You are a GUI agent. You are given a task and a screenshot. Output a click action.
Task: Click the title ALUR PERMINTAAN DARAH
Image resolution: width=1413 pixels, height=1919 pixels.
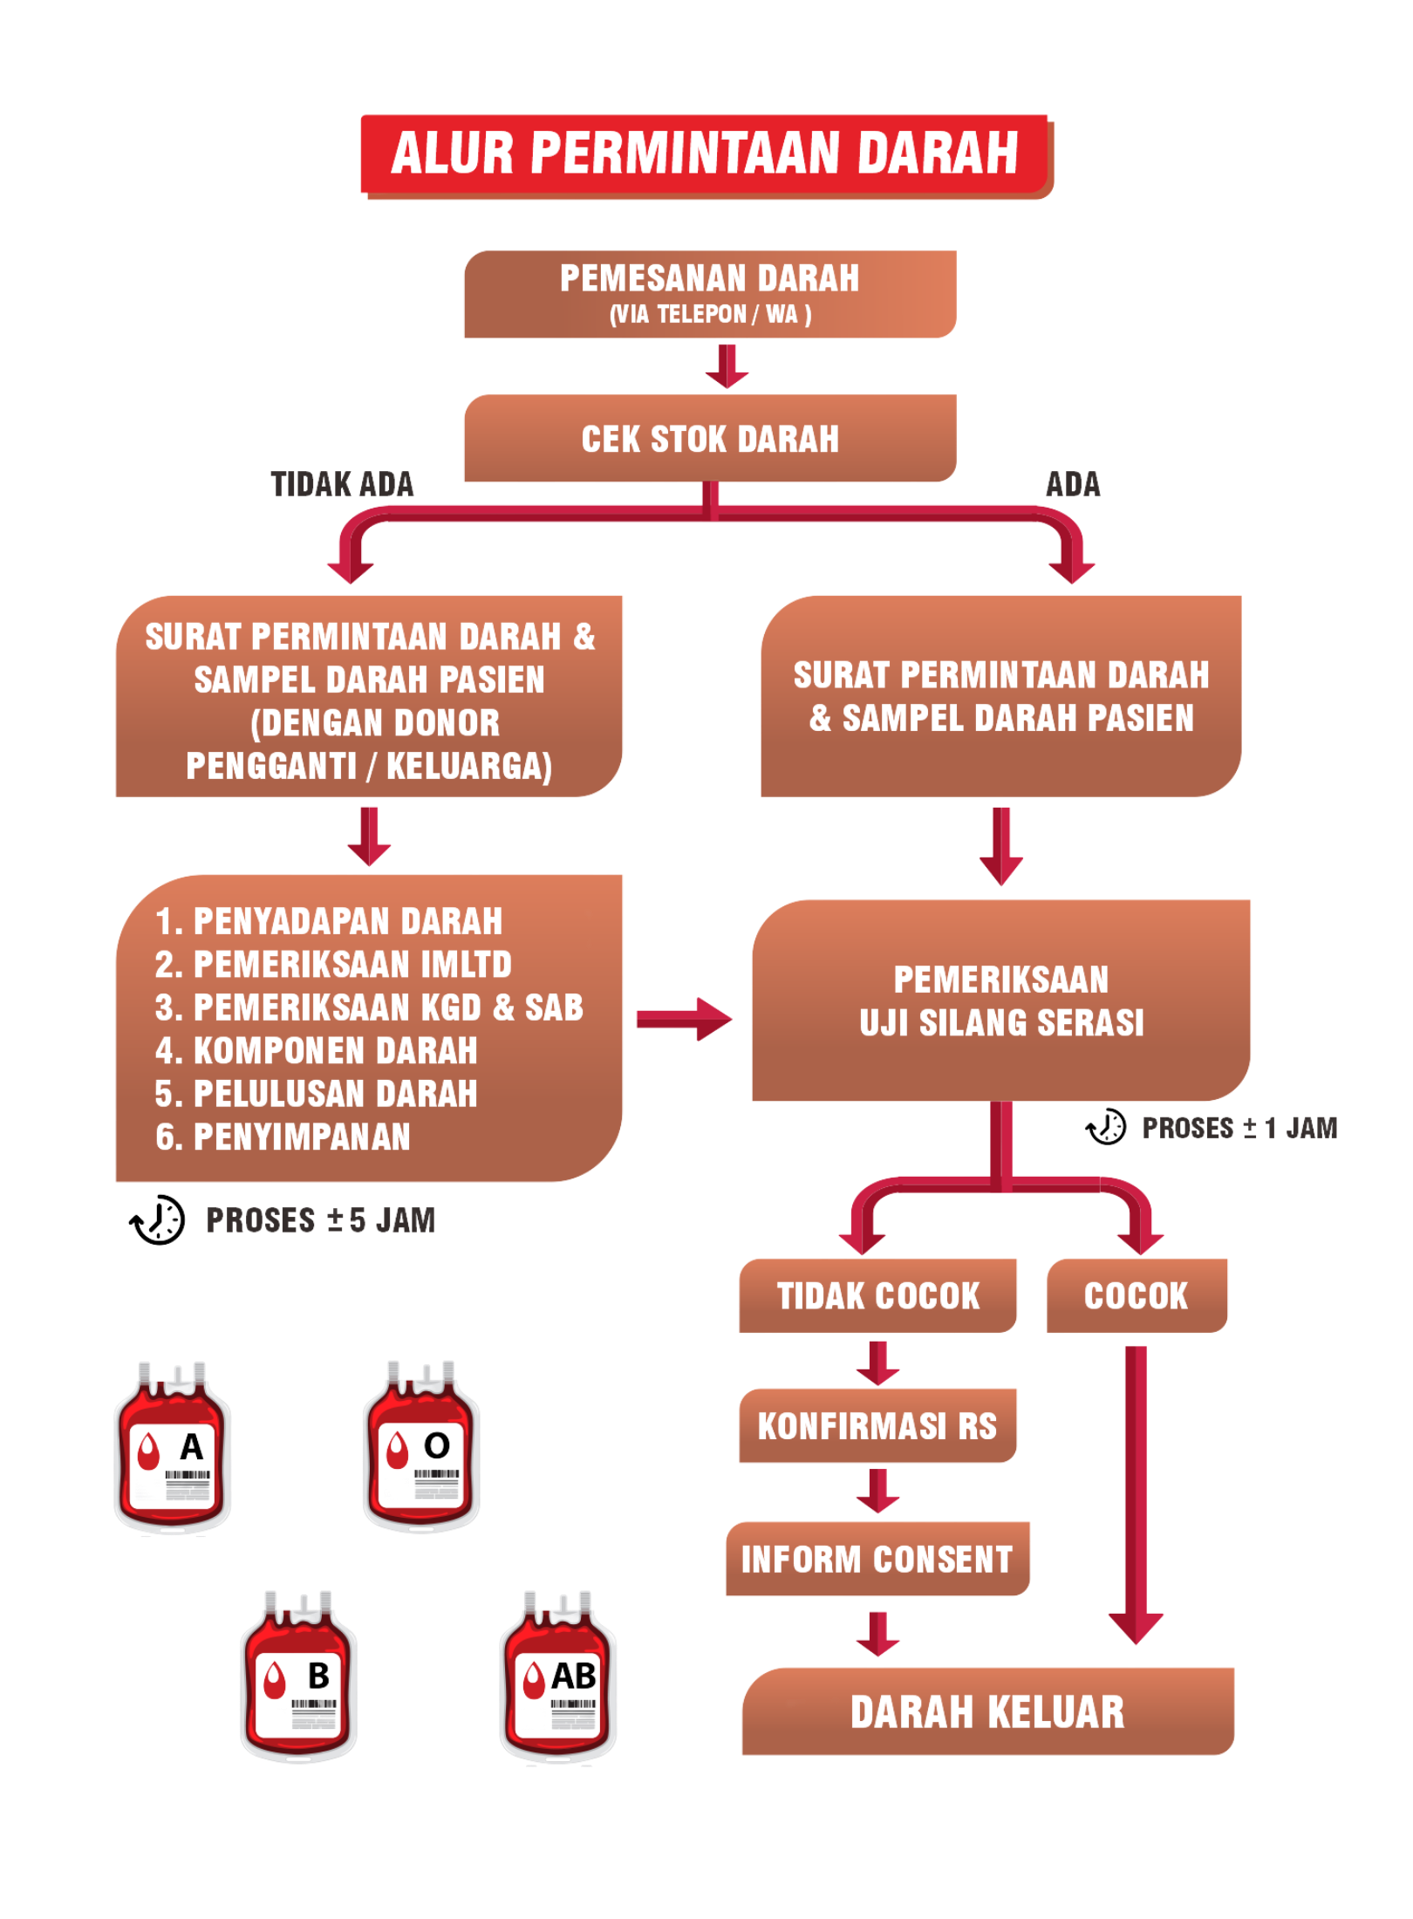(706, 154)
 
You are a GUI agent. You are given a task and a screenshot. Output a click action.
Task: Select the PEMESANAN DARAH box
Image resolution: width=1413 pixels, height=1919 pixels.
(709, 294)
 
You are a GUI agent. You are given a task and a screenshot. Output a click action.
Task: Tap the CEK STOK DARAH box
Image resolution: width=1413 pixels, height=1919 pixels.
(709, 438)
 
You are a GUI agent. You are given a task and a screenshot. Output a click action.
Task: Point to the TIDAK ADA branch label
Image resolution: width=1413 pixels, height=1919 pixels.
(343, 485)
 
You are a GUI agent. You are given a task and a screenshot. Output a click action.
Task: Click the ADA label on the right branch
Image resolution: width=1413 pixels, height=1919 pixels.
(1073, 485)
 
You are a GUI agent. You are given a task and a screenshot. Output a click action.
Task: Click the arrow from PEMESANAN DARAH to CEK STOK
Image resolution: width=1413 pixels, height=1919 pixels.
(727, 365)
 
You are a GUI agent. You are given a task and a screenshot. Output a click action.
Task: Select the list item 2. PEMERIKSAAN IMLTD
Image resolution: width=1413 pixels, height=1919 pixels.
(333, 965)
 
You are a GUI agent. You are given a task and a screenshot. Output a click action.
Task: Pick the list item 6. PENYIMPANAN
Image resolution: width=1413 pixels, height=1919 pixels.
(283, 1137)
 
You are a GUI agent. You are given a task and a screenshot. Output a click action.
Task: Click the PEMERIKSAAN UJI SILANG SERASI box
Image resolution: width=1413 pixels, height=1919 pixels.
(1000, 1000)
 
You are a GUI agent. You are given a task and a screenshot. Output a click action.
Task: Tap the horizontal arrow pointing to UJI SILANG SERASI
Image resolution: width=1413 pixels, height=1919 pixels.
(684, 1019)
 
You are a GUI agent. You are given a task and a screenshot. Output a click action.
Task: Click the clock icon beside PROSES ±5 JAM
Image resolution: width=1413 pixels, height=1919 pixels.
(158, 1219)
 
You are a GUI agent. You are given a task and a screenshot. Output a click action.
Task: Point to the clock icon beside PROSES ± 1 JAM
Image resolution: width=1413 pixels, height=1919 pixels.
(1105, 1127)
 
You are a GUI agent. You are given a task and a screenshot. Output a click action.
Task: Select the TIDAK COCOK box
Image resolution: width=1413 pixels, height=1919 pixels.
(877, 1295)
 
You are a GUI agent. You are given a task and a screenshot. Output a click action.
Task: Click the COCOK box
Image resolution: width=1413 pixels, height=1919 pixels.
(1136, 1295)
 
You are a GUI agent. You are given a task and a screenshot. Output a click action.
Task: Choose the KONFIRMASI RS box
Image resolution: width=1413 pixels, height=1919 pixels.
(877, 1426)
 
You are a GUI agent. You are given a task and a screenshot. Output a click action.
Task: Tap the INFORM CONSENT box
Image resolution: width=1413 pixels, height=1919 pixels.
(877, 1559)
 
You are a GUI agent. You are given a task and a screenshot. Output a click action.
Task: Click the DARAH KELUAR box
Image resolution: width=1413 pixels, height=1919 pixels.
(987, 1711)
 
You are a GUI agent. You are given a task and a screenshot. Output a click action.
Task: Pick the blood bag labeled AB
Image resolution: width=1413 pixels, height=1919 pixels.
(558, 1680)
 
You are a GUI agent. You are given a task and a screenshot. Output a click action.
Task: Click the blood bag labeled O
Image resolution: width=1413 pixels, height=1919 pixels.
(421, 1449)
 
